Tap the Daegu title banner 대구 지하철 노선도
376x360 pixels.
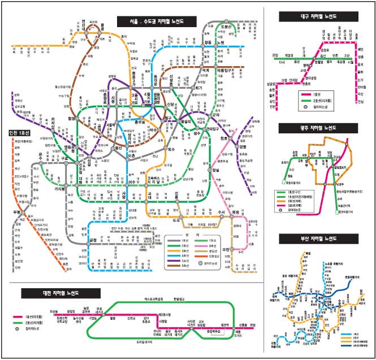coord(318,17)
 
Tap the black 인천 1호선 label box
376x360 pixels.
coord(18,133)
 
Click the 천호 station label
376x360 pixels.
coord(224,138)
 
